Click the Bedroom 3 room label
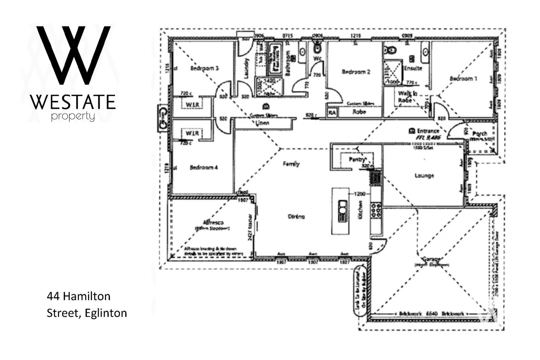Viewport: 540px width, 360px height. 204,68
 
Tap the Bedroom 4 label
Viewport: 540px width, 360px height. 204,167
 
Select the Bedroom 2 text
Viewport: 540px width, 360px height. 356,72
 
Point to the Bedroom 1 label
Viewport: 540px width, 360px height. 463,79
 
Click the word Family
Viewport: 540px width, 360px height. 291,164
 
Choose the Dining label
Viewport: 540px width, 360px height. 296,217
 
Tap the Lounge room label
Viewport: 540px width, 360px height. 424,175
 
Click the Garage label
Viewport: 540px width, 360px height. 432,259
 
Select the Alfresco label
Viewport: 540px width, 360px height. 213,222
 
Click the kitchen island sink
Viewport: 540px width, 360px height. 342,211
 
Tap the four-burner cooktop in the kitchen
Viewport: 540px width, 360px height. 376,211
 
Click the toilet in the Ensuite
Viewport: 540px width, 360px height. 390,50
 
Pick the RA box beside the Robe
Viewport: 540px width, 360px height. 332,113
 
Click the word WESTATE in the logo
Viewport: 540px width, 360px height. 73,102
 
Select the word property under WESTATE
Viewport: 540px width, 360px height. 73,117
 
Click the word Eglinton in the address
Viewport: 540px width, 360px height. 106,313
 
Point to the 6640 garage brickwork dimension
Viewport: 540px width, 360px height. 432,314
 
